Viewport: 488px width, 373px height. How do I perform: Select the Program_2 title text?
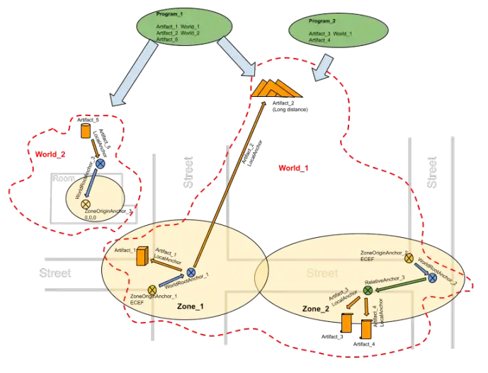coord(321,21)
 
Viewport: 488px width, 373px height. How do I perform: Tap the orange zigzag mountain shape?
coord(276,88)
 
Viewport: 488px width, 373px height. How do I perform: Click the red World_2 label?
coord(50,154)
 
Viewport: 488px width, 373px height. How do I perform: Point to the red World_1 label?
coord(293,168)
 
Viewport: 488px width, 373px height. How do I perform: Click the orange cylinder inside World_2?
coord(86,132)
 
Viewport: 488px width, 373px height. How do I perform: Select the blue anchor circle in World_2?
coord(101,163)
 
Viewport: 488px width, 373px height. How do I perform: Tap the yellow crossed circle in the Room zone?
coord(86,203)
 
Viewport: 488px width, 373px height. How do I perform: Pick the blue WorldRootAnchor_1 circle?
coord(191,272)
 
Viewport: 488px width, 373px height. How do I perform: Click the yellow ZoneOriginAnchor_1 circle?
coord(152,289)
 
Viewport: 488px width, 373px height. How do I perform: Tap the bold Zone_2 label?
coord(316,309)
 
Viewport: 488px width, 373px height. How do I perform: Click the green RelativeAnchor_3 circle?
coord(368,290)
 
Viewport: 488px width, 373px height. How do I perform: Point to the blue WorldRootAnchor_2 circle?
coord(431,280)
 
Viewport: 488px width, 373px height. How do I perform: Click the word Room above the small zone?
coord(64,179)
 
